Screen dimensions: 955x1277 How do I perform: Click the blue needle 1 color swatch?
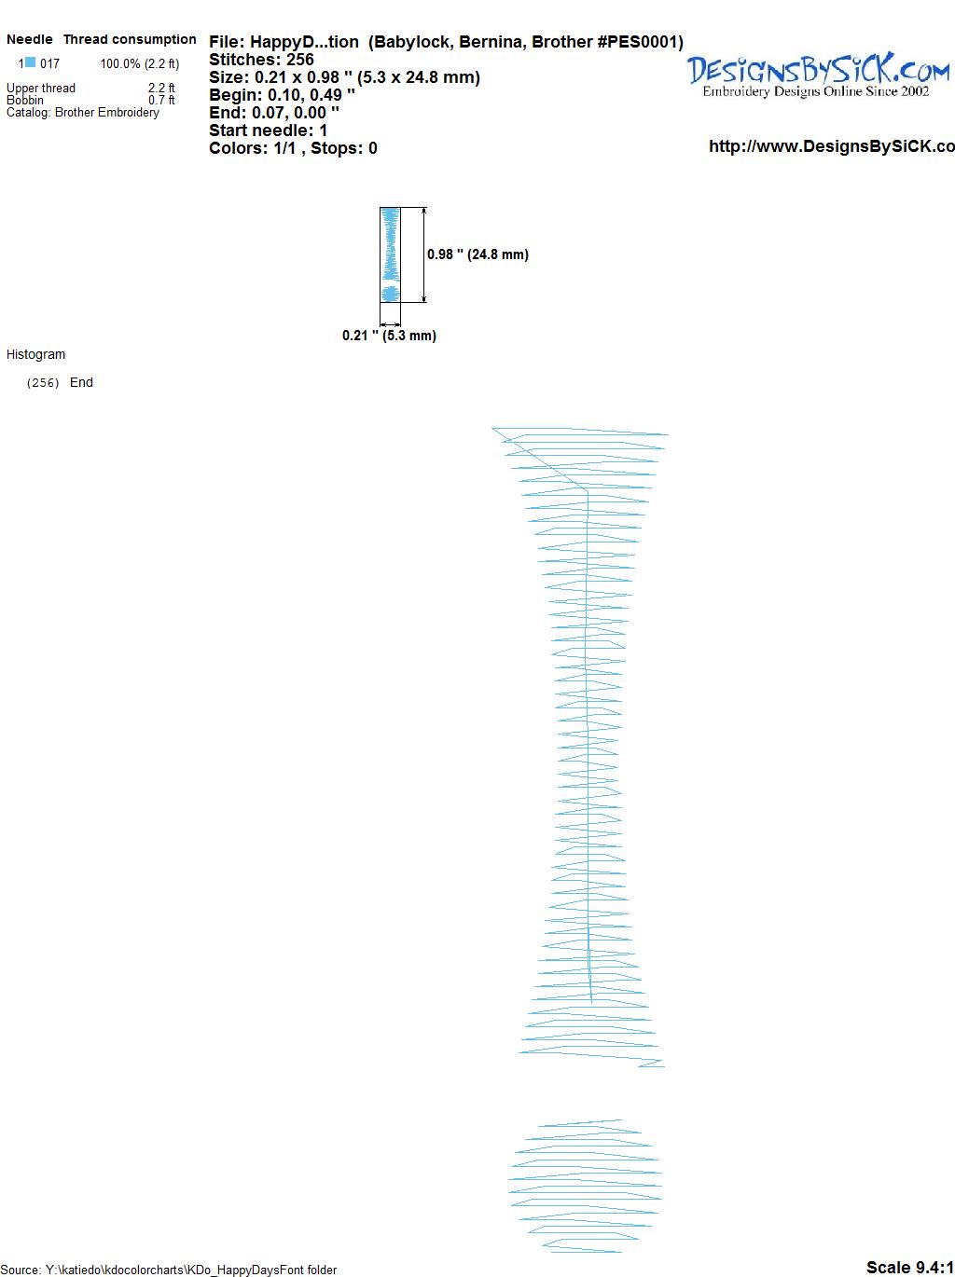[x=30, y=62]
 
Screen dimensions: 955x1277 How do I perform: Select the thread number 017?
[x=49, y=63]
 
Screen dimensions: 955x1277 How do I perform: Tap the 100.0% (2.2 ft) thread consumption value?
[x=140, y=63]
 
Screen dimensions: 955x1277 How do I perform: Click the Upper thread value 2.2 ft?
[x=161, y=88]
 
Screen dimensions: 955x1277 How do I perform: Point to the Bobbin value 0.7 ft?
[x=161, y=100]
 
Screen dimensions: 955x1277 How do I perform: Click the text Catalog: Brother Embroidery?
[x=83, y=112]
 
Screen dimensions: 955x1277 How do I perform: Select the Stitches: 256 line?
[x=261, y=60]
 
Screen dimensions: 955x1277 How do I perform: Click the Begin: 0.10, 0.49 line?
[x=282, y=95]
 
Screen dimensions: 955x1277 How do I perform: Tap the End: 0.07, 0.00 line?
[x=274, y=112]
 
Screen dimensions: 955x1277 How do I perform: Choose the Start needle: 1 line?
[x=268, y=130]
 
